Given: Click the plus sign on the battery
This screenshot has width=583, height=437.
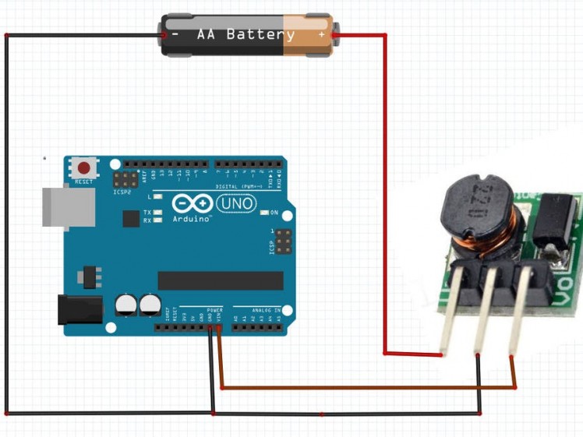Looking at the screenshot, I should click(x=321, y=35).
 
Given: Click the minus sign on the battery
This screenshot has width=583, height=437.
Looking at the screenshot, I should click(x=175, y=35).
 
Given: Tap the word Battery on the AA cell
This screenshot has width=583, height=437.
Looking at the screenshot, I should click(x=260, y=35).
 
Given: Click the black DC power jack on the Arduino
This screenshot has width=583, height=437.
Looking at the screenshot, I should click(x=79, y=309).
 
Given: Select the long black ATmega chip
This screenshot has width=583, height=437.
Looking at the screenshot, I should click(x=220, y=280).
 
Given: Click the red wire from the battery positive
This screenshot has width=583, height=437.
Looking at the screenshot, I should click(x=385, y=195).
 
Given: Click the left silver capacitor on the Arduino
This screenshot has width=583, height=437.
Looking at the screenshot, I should click(x=125, y=305).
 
